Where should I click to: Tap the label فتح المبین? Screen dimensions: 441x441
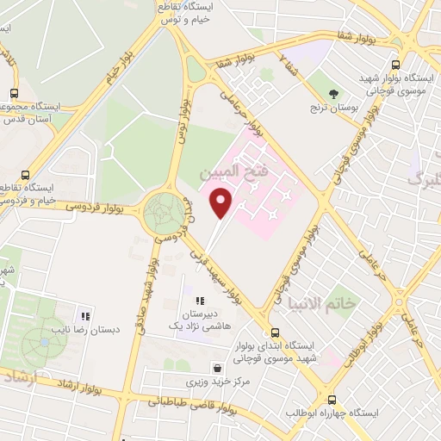click(x=235, y=173)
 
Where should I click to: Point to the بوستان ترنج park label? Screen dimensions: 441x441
click(x=335, y=110)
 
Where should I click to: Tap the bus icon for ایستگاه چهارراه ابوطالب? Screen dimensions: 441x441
click(x=332, y=400)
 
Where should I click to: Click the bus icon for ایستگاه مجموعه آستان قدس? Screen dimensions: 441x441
click(x=14, y=95)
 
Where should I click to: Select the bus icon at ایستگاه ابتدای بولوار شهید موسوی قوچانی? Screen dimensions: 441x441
click(x=275, y=333)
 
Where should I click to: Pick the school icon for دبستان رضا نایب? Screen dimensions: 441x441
click(x=84, y=315)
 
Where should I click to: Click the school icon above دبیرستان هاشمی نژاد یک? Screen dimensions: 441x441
click(x=200, y=301)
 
